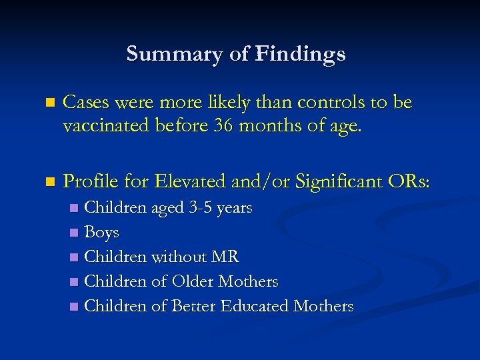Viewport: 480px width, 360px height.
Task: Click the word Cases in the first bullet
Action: [x=85, y=103]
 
